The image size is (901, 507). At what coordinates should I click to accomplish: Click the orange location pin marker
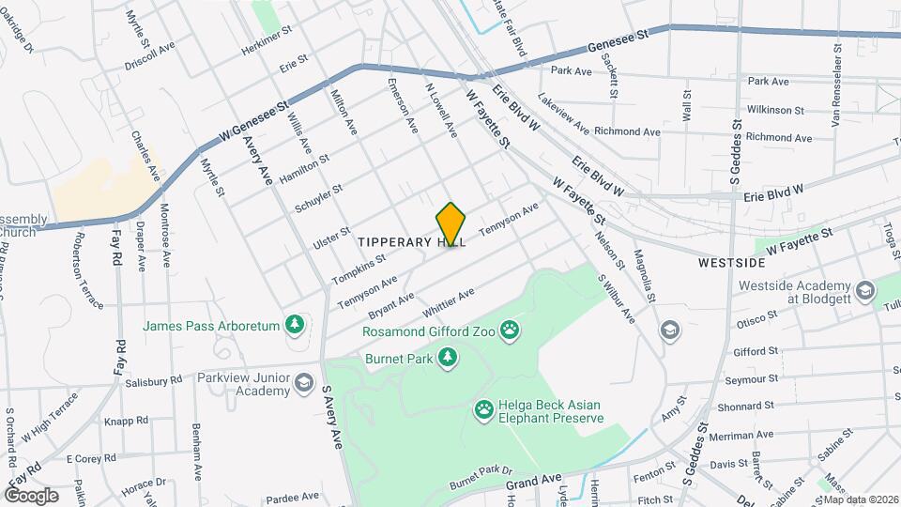(x=451, y=224)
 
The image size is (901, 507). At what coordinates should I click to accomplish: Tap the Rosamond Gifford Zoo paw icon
(x=511, y=330)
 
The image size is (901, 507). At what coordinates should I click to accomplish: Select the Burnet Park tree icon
(x=450, y=357)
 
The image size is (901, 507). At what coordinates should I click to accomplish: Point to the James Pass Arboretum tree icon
(x=297, y=325)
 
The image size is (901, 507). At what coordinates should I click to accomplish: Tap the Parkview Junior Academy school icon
(x=303, y=382)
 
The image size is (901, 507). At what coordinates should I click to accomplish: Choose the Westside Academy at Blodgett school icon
(x=864, y=290)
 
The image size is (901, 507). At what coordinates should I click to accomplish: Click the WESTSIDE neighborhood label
(x=728, y=264)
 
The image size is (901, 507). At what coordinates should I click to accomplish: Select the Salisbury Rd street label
(x=151, y=381)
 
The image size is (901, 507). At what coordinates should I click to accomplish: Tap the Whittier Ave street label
(x=449, y=302)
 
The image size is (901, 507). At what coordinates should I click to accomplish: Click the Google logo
(x=31, y=495)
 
